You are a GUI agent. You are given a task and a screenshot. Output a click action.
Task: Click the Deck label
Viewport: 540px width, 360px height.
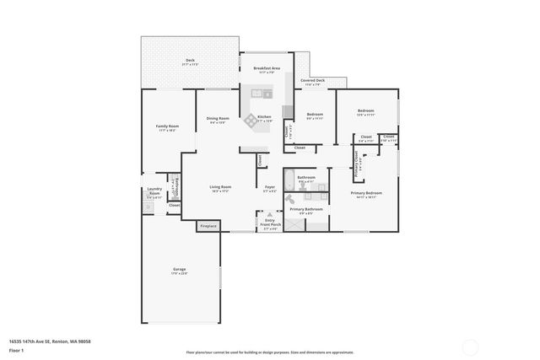coord(190,62)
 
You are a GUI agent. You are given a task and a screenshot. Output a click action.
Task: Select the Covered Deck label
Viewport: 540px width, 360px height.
coord(312,83)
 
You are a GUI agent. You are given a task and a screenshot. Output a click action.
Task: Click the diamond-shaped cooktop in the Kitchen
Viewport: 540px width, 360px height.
coord(251,121)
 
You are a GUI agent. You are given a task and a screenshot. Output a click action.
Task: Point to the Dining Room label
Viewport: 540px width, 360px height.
coord(218,120)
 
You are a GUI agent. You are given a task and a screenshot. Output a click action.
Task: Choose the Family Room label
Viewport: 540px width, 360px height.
coord(167,127)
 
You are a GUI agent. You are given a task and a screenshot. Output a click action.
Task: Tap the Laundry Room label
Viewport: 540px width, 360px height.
coord(154,192)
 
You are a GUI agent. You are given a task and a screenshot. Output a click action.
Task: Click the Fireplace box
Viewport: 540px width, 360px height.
coord(208,226)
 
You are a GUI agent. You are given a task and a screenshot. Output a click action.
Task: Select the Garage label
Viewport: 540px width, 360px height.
coord(180,271)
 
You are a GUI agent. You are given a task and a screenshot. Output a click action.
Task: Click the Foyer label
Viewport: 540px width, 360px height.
coord(270,188)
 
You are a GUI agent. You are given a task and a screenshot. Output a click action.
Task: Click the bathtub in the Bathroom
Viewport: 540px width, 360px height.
coord(289,180)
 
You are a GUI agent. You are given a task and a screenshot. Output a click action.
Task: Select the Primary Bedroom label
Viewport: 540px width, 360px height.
coord(367,194)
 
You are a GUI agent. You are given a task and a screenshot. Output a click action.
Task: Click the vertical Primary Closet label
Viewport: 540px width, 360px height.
coord(358,159)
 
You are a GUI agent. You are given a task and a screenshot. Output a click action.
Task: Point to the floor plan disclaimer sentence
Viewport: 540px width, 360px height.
coord(270,352)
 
